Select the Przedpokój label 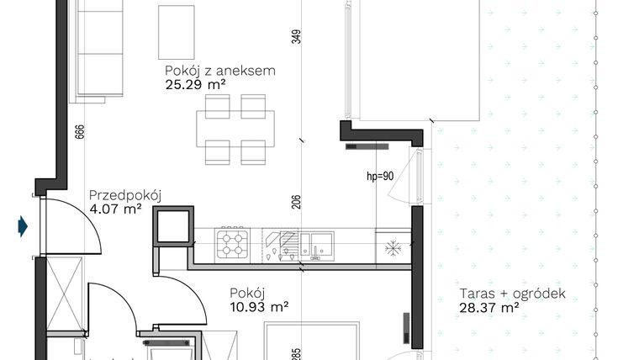[x=125, y=196]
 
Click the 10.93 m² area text [x=259, y=307]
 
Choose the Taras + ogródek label [x=513, y=294]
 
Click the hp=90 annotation [x=380, y=177]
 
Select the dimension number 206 [x=296, y=202]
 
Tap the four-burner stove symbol [x=233, y=245]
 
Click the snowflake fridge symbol [x=392, y=247]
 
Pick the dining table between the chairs [x=235, y=129]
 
